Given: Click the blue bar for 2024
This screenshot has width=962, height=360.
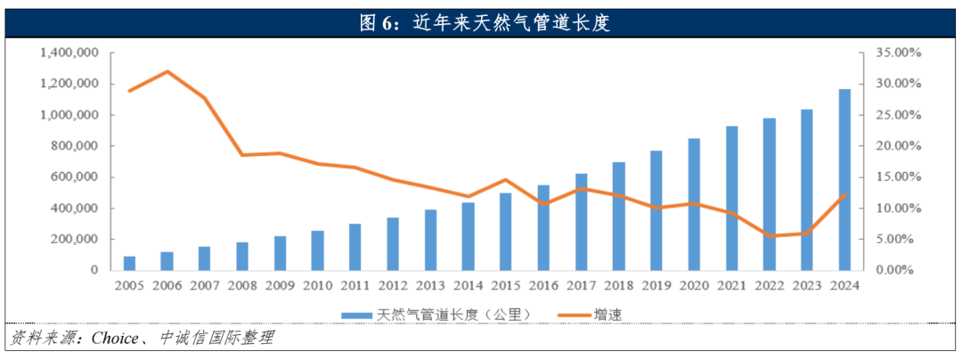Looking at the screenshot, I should pos(844,179).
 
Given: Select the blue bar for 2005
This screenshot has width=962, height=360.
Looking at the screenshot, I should pos(130,263).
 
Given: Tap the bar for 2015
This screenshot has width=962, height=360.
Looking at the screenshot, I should pos(505,231).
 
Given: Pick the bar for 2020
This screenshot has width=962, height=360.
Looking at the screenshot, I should pos(694,204).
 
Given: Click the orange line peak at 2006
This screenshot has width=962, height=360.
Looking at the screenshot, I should pos(168,71).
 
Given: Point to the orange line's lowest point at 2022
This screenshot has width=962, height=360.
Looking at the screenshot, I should pos(769,236).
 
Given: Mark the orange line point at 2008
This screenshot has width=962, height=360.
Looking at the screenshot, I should pos(243,155).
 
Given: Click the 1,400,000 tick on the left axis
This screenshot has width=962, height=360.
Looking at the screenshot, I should pos(69,53).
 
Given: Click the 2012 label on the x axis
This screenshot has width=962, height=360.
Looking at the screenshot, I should pos(393,286).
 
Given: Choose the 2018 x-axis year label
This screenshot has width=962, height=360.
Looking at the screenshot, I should pos(618,286).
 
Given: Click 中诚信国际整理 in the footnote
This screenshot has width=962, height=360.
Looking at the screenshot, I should pos(216,339).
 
